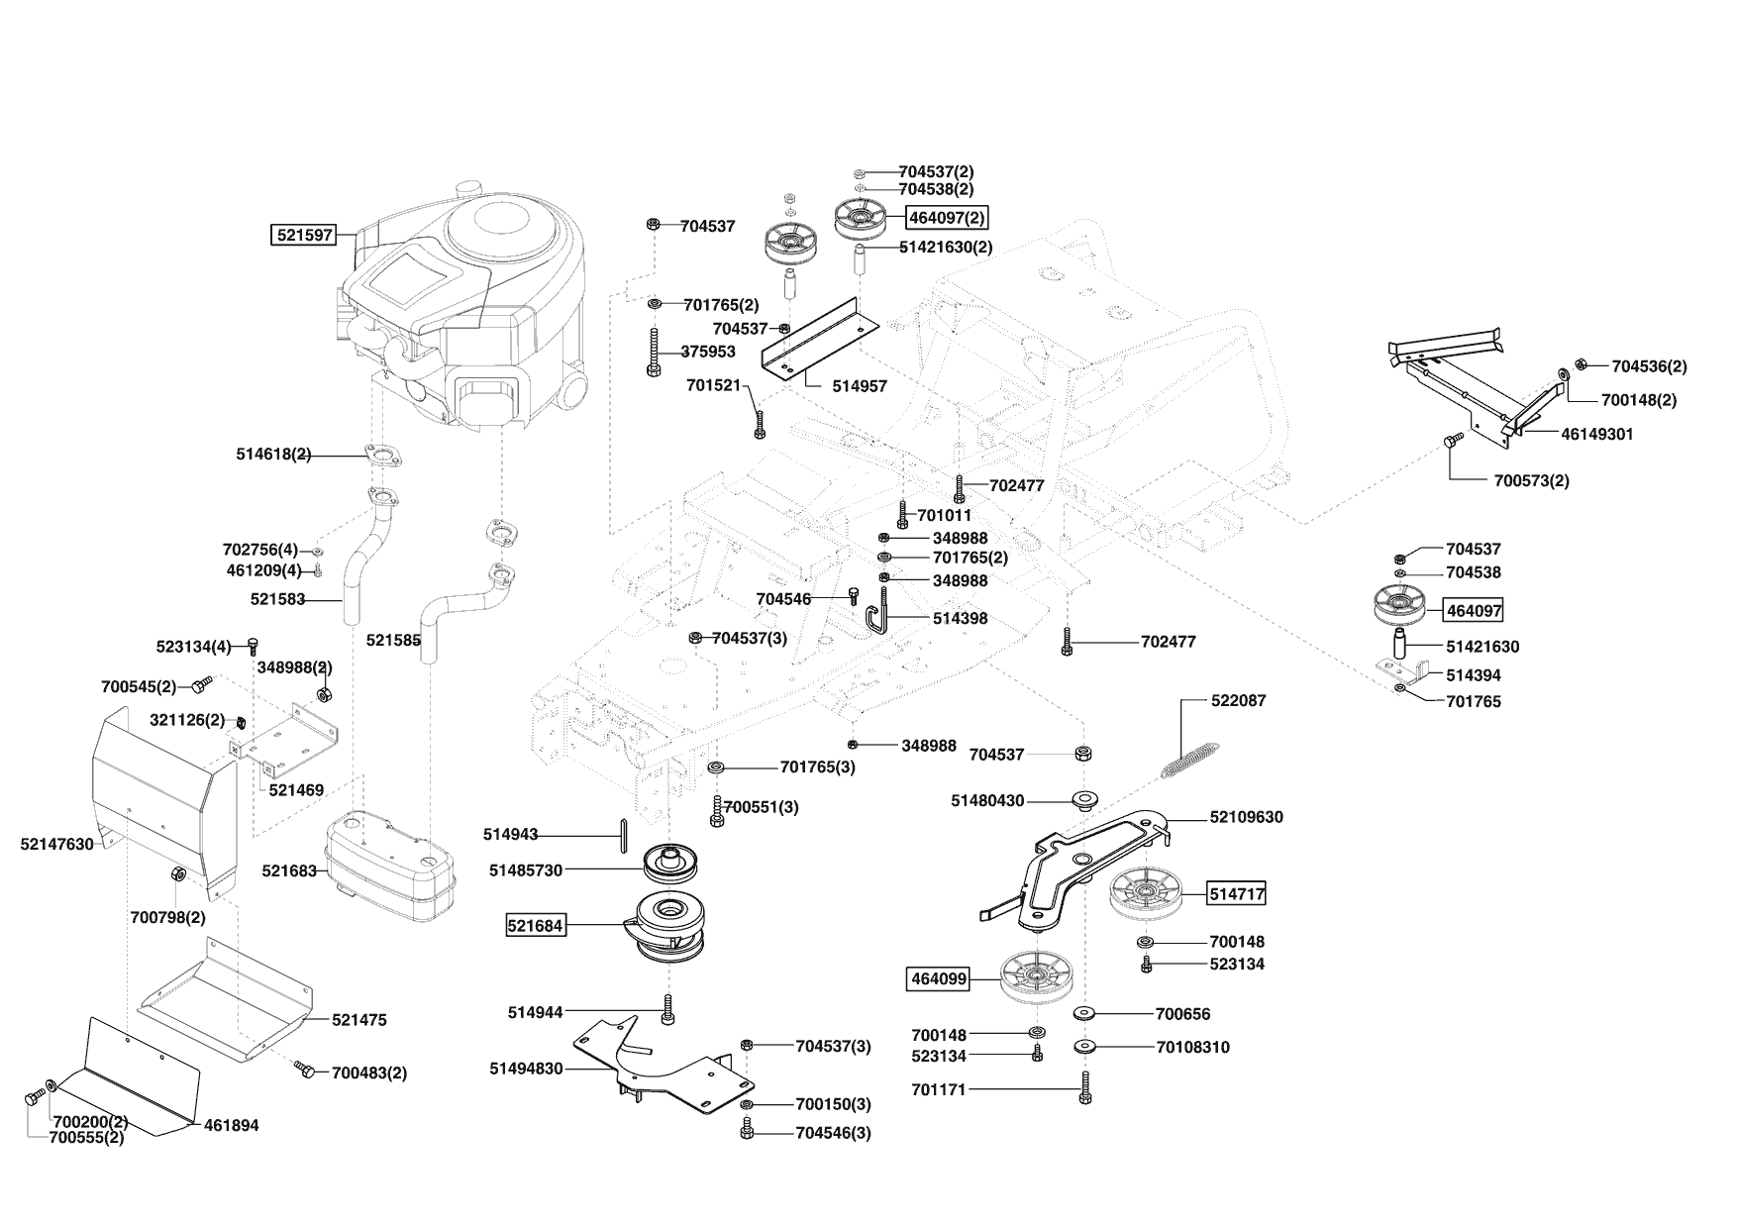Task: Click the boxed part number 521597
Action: click(304, 236)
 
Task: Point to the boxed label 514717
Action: click(1237, 894)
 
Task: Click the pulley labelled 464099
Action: click(1037, 977)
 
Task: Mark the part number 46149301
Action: click(1597, 434)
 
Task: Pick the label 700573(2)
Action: click(1531, 481)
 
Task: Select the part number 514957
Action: click(859, 386)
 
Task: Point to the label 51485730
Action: click(526, 870)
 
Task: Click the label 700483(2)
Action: click(368, 1073)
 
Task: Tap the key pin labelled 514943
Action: click(622, 834)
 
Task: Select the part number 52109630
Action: click(1246, 817)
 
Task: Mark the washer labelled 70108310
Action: click(1086, 1047)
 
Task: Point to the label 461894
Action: click(232, 1125)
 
